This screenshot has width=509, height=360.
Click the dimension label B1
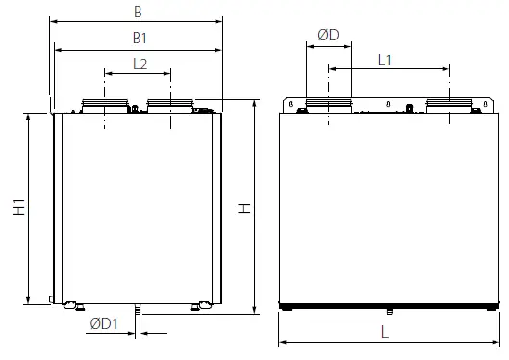(140, 37)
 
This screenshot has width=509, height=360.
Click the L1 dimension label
(384, 60)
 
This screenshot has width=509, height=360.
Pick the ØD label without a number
(328, 35)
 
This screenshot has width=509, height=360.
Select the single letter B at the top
(138, 13)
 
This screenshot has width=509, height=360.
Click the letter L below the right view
(384, 332)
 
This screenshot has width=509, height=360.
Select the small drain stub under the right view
(388, 311)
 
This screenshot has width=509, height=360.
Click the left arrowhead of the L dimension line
(281, 343)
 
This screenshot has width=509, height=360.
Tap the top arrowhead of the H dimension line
(253, 101)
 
